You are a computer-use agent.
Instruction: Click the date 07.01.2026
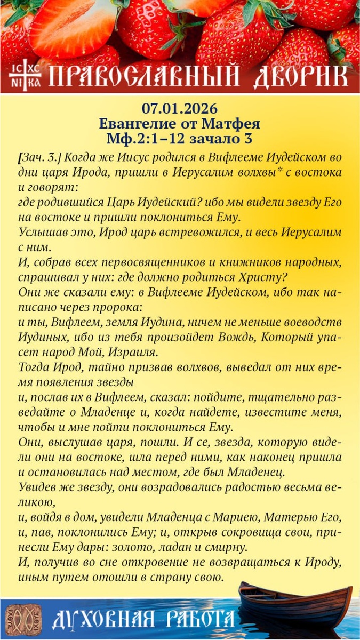click(180, 108)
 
